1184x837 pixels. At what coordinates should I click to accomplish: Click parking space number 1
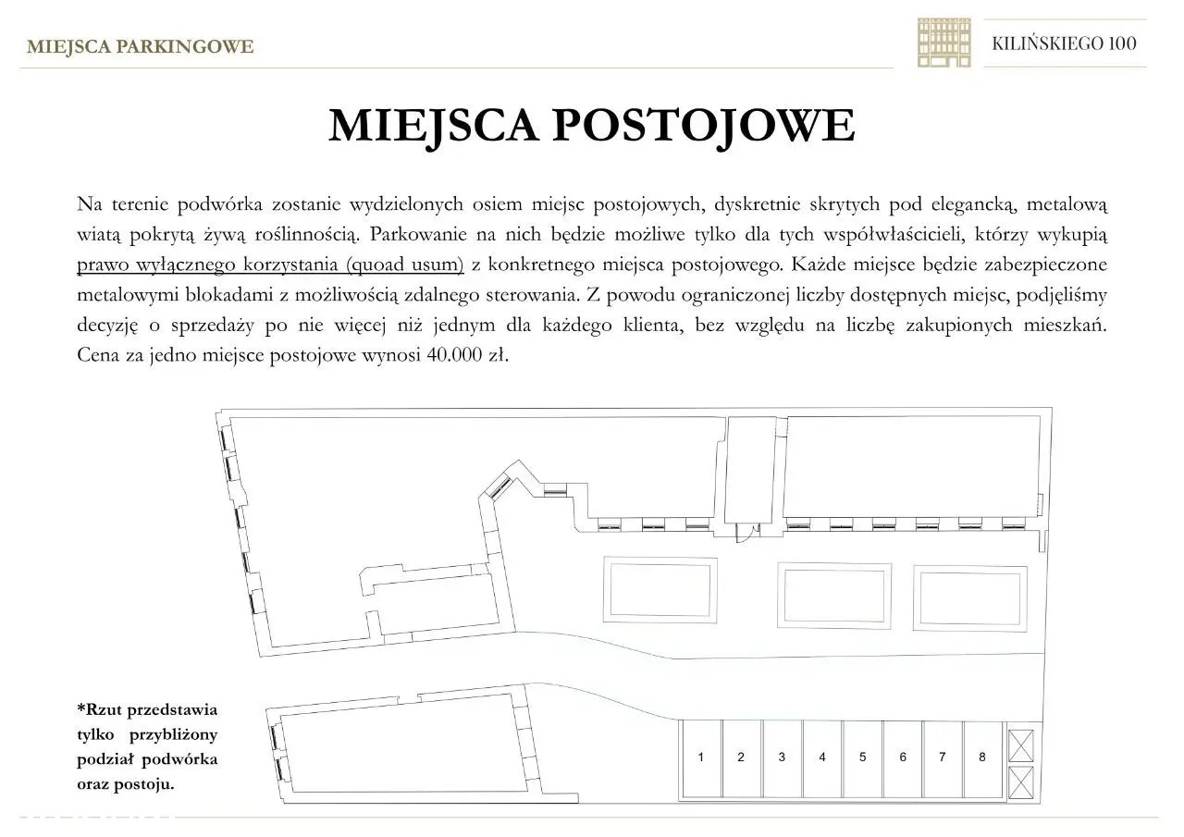coord(701,757)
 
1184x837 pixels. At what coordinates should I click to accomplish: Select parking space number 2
coord(741,757)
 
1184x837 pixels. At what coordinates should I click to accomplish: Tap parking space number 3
coord(782,757)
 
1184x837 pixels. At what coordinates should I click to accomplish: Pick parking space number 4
coord(822,757)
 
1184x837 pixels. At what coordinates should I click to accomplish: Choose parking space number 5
coord(862,757)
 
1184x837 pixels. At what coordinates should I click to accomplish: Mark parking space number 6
coord(903,757)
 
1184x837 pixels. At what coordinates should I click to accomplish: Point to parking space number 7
coord(943,757)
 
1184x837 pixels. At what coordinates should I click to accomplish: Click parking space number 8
coord(982,757)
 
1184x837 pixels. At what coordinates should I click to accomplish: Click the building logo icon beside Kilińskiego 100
coord(943,43)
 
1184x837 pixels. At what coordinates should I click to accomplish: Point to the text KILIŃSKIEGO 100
coord(1064,43)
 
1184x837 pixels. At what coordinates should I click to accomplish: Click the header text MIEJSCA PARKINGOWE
coord(140,46)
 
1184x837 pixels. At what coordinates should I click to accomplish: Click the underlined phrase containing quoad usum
coord(270,264)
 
